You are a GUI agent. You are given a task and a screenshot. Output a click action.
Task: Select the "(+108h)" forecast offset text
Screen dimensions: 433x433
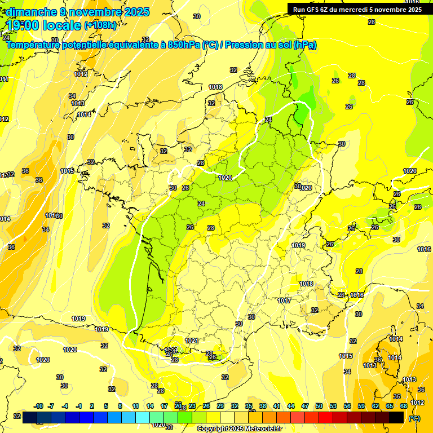(x=100, y=25)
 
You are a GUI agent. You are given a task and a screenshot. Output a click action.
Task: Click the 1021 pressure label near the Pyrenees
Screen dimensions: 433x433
(x=192, y=341)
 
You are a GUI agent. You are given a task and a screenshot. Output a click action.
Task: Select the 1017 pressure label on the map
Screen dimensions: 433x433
(x=284, y=301)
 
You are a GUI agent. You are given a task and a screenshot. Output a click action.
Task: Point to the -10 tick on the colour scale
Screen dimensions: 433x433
(x=38, y=406)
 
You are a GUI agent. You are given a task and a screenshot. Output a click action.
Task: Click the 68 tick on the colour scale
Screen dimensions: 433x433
(x=404, y=406)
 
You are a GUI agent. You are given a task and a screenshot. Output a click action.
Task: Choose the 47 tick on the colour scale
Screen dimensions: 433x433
(x=305, y=406)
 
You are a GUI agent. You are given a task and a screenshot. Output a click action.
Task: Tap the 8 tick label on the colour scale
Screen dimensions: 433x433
(x=120, y=406)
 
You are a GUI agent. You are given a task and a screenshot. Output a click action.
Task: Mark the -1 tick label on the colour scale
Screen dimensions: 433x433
(x=79, y=406)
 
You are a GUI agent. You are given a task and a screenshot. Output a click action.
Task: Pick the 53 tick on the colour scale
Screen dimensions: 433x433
(x=333, y=406)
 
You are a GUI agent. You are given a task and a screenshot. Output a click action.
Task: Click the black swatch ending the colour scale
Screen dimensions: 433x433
(x=396, y=417)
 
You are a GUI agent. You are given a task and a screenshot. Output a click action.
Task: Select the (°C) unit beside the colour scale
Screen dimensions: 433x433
(x=414, y=418)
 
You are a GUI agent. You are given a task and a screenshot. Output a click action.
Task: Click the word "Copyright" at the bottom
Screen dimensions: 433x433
(x=213, y=429)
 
